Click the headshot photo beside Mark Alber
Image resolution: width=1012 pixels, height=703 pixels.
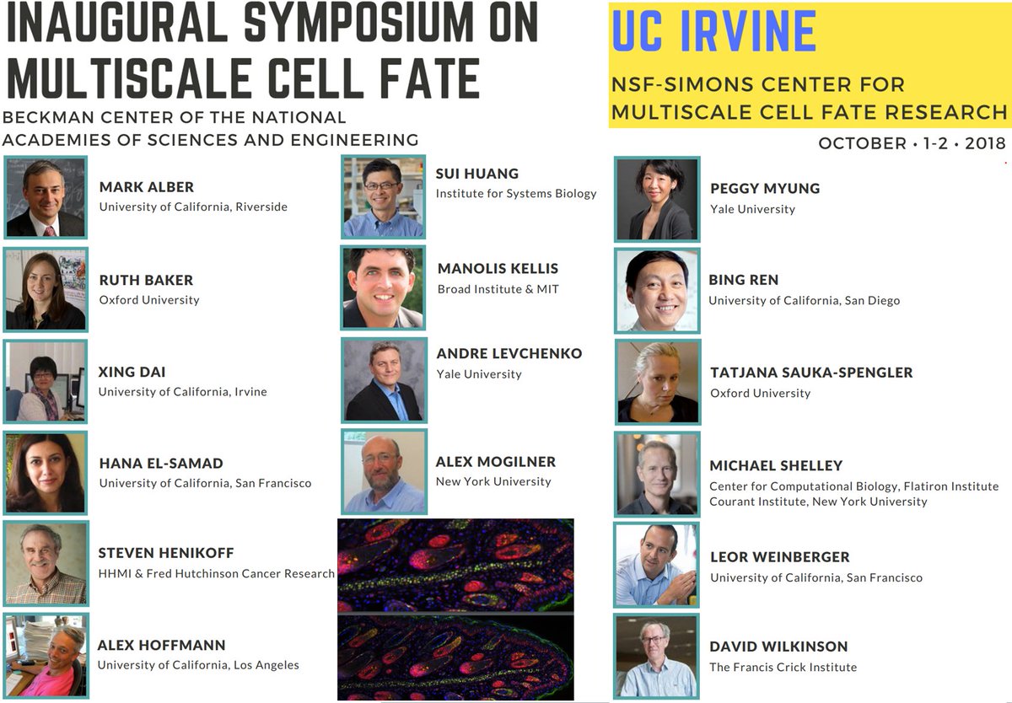(46, 197)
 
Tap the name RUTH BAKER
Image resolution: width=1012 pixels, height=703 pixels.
(146, 280)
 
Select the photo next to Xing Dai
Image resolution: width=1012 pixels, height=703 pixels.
(46, 381)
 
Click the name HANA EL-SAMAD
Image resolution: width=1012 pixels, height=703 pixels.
(161, 463)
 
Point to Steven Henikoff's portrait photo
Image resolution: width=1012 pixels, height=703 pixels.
(46, 563)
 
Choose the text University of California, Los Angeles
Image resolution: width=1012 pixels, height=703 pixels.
(198, 665)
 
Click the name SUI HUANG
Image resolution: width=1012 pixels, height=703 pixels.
(476, 174)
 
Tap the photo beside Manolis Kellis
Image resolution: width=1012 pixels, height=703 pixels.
(383, 287)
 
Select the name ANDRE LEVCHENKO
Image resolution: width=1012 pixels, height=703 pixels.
(509, 353)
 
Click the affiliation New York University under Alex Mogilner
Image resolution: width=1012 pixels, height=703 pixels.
(493, 481)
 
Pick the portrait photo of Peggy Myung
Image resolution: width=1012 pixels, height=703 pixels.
(657, 199)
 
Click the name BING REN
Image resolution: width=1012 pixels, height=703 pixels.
(743, 280)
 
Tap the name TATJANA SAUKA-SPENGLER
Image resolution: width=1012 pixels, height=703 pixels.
(811, 373)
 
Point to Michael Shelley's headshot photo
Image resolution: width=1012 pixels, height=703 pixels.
(657, 474)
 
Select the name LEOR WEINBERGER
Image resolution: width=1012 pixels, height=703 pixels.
(779, 557)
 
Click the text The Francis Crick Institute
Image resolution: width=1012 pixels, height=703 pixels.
(783, 667)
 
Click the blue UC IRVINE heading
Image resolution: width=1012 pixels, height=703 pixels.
(713, 31)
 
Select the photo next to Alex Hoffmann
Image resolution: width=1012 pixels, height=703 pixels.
(46, 657)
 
